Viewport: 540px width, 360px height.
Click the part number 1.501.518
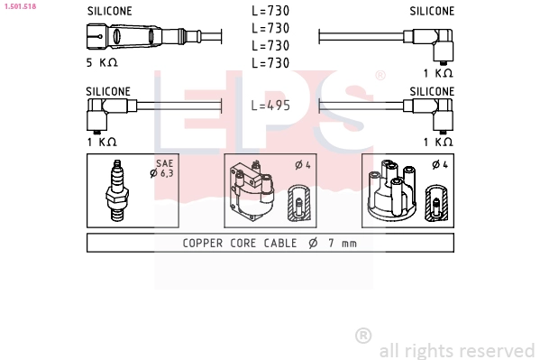(20, 6)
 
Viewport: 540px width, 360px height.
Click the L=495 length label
(270, 106)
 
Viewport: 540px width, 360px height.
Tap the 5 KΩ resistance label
(102, 62)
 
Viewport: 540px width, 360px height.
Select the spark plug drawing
(117, 190)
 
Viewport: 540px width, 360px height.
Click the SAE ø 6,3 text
(162, 169)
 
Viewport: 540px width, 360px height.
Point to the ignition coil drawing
(252, 190)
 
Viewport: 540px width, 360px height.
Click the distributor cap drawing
(392, 190)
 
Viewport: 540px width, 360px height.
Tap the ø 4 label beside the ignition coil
(303, 165)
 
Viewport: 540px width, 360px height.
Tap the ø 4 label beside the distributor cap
(440, 165)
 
